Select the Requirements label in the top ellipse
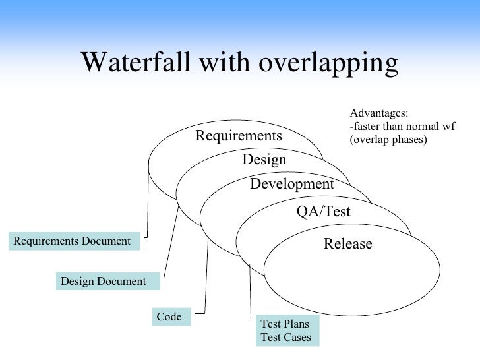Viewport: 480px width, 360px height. pyautogui.click(x=238, y=136)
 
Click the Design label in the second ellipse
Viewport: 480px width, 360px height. pyautogui.click(x=264, y=160)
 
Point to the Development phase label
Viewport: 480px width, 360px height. pyautogui.click(x=292, y=185)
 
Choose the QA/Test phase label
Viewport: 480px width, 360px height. pyautogui.click(x=324, y=212)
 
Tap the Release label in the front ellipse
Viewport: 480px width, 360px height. pyautogui.click(x=347, y=245)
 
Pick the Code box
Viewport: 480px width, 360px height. pyautogui.click(x=170, y=317)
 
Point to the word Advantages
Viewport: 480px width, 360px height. pyautogui.click(x=378, y=113)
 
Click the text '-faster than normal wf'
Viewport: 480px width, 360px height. pyautogui.click(x=402, y=126)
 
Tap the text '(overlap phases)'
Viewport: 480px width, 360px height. pyautogui.click(x=388, y=139)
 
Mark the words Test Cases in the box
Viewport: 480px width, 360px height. pyautogui.click(x=285, y=337)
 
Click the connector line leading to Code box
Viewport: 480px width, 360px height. pyautogui.click(x=206, y=277)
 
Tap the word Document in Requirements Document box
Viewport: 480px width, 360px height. pyautogui.click(x=105, y=241)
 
